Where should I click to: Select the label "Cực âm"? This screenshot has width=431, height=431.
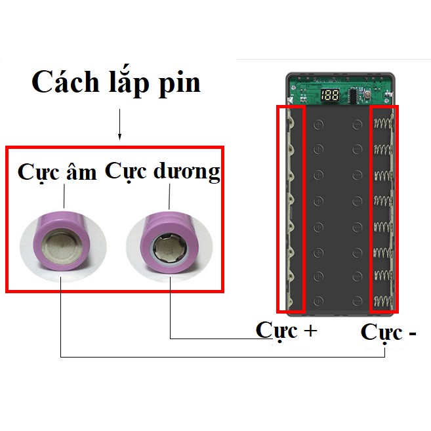point(57,173)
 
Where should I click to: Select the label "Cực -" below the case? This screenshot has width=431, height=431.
point(388,333)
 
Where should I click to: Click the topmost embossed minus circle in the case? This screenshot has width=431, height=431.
point(357,123)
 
